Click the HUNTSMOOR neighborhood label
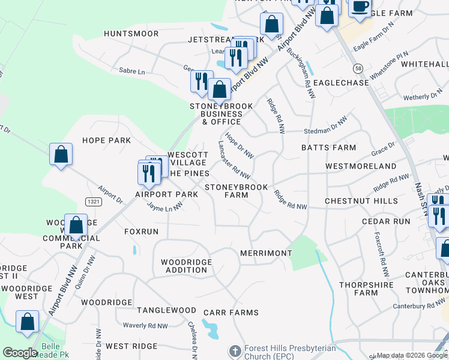[131, 34]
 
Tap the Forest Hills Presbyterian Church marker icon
[235, 350]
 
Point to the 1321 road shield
[93, 202]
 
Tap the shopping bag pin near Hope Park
[61, 154]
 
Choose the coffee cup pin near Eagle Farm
[360, 8]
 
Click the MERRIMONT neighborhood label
[266, 253]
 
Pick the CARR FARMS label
[231, 313]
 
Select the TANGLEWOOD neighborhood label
[166, 310]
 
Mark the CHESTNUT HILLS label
[361, 201]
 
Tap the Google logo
[20, 353]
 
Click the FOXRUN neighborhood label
[141, 231]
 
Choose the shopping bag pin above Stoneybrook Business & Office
[220, 89]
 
